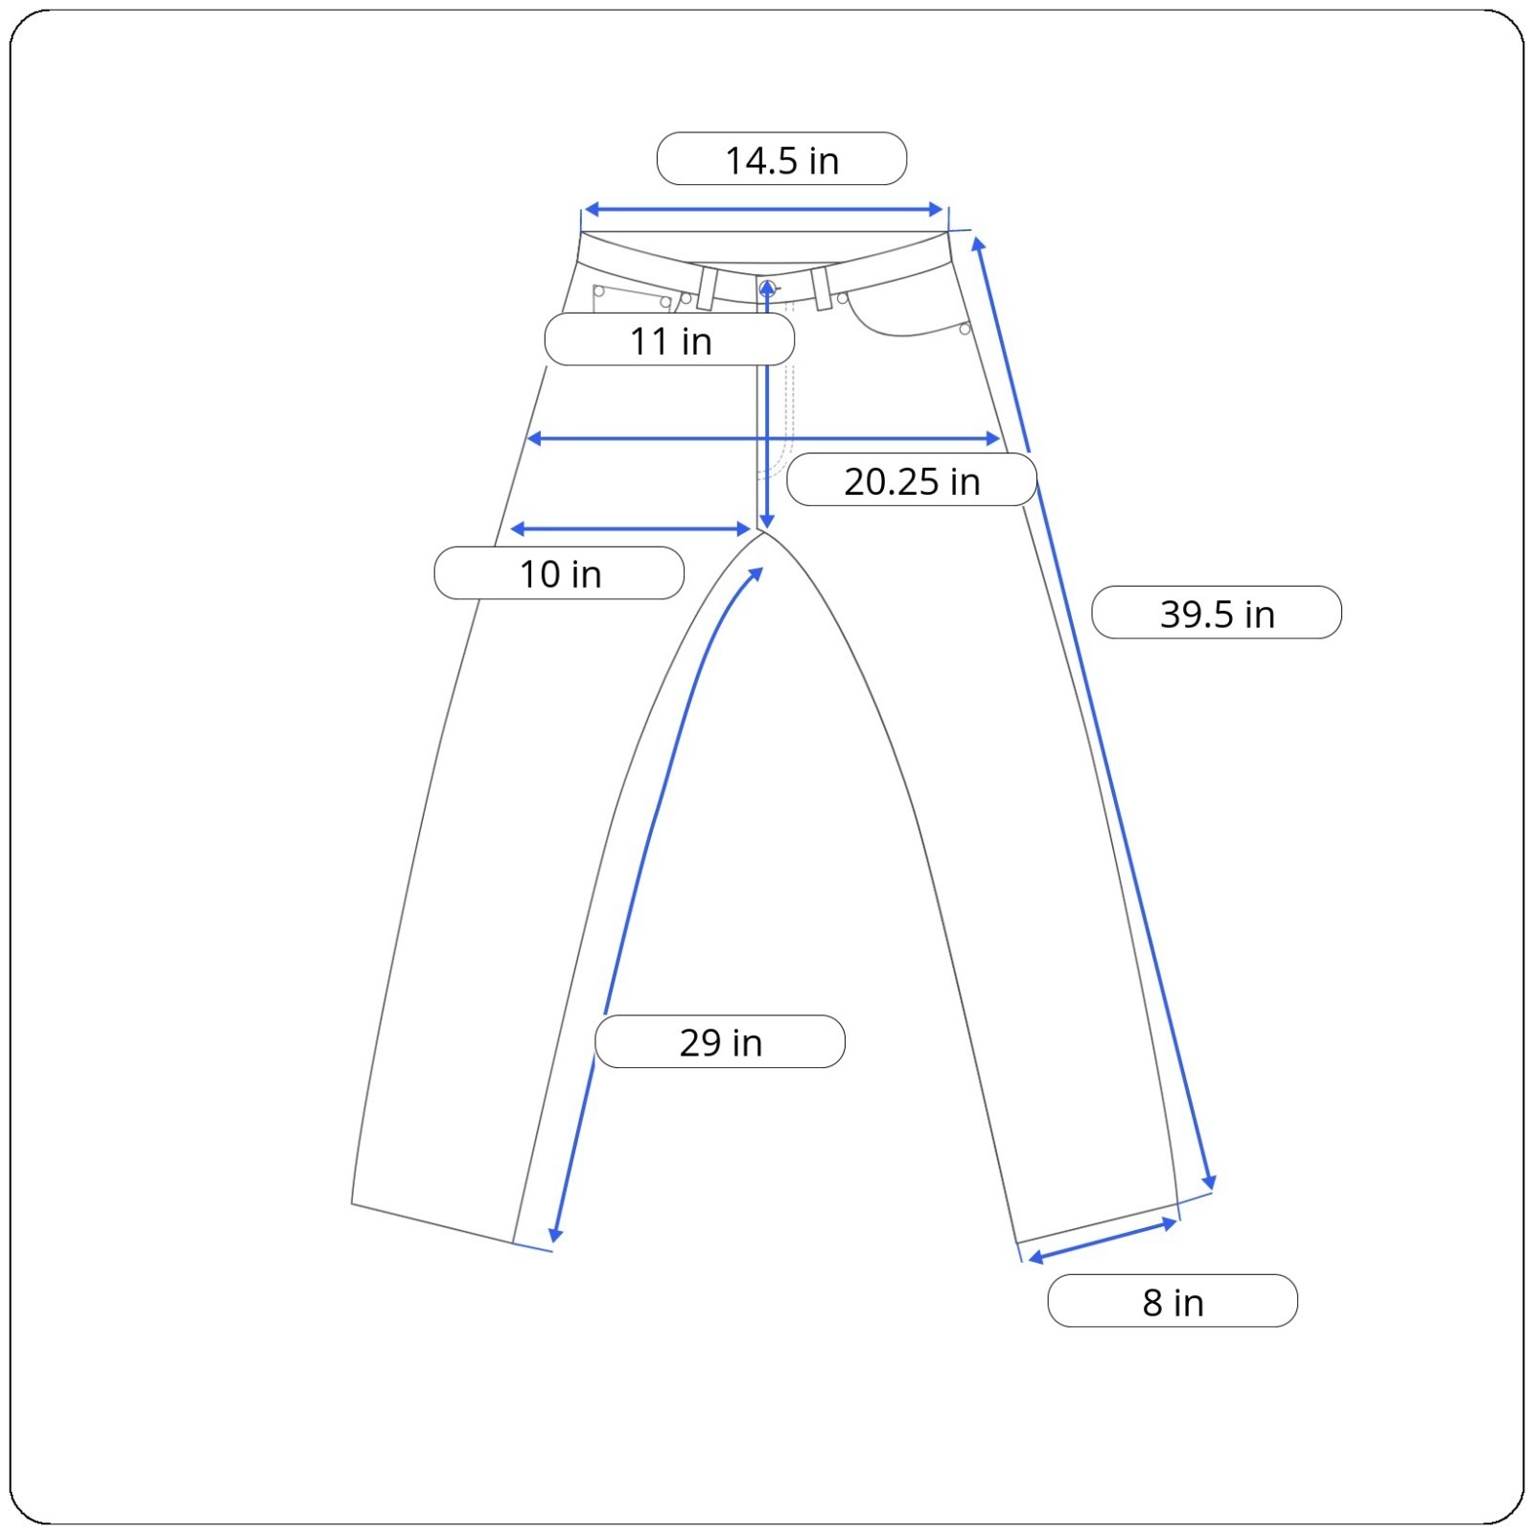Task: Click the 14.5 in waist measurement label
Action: [781, 159]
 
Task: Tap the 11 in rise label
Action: [669, 339]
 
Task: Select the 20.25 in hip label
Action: [912, 480]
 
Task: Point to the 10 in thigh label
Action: [559, 573]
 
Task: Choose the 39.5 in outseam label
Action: [1217, 613]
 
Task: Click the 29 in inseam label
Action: [720, 1041]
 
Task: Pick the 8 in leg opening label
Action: [1173, 1301]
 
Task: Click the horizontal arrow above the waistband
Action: [764, 209]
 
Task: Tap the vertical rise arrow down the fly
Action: [767, 404]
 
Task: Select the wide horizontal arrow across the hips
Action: [764, 438]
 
